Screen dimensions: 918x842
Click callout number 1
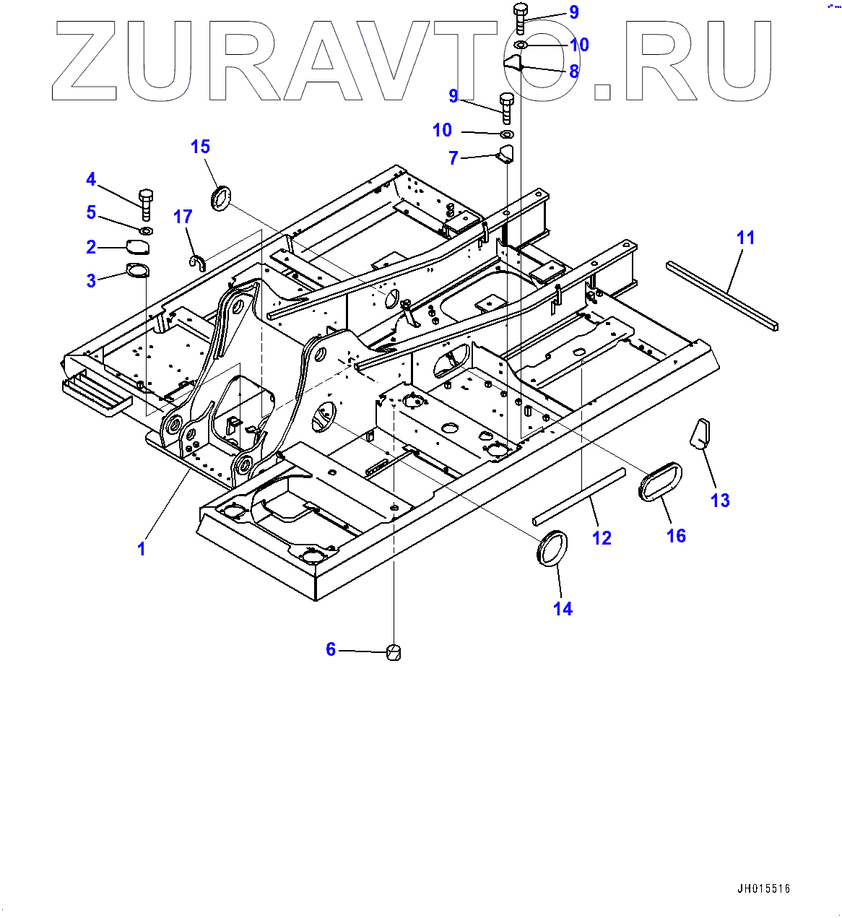click(142, 549)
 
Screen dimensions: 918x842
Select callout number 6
click(331, 649)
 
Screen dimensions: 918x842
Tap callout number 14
click(563, 609)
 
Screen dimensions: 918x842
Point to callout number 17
click(183, 217)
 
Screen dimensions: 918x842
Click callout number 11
click(745, 238)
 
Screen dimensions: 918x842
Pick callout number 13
click(720, 501)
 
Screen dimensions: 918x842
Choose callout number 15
click(200, 147)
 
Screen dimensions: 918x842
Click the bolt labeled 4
click(145, 204)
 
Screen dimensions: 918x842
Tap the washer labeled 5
click(145, 230)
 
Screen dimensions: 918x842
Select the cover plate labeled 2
click(138, 247)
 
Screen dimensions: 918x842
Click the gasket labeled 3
click(136, 272)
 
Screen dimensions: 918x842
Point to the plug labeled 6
click(394, 653)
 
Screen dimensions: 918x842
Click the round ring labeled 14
click(553, 548)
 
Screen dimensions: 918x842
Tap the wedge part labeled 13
click(701, 433)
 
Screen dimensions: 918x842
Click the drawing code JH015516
click(763, 889)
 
